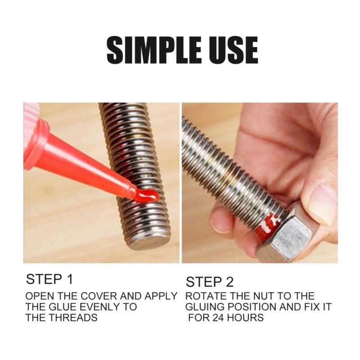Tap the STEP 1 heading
point(49,279)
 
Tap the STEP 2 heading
point(210,282)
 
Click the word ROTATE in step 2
point(203,297)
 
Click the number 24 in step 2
point(219,318)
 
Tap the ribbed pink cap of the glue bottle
point(31,112)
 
